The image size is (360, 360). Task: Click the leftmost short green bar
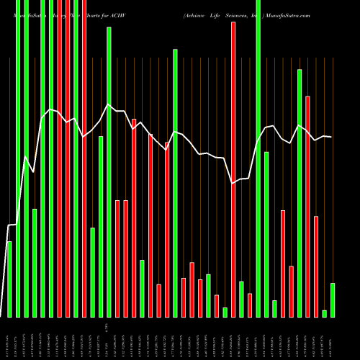(9, 279)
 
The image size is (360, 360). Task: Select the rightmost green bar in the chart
(333, 300)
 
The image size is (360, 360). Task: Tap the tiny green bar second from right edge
(324, 313)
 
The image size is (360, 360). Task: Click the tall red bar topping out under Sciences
(233, 169)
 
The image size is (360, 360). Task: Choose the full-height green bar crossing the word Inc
(258, 158)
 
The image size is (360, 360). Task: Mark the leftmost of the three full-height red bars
(67, 158)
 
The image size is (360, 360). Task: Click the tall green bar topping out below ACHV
(109, 173)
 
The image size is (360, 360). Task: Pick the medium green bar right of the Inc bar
(266, 234)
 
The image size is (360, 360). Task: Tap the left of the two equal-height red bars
(117, 258)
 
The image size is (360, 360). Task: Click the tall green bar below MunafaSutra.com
(300, 193)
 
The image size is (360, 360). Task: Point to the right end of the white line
(331, 137)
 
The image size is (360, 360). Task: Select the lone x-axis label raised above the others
(105, 328)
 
